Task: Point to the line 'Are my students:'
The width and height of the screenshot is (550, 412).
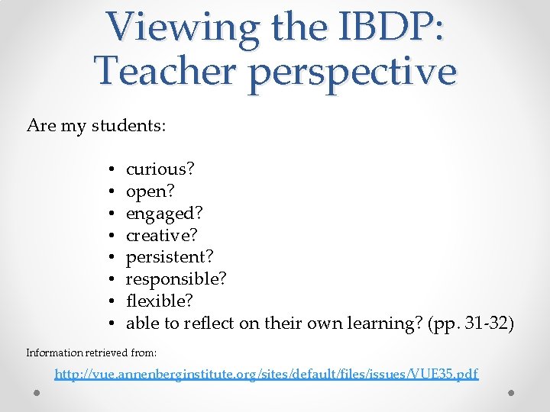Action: click(x=95, y=125)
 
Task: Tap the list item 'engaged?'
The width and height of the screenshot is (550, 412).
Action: click(x=164, y=213)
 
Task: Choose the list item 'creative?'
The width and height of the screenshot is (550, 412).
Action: click(x=163, y=234)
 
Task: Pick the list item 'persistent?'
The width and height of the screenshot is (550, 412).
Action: click(x=170, y=257)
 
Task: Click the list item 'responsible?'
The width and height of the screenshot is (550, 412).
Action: click(x=176, y=279)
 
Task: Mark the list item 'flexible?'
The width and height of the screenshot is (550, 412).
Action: click(x=160, y=301)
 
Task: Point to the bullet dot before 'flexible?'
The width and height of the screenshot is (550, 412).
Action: click(x=112, y=301)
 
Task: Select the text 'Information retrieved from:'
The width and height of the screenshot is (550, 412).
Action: click(x=91, y=352)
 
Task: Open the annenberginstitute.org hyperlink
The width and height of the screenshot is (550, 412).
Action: click(x=267, y=374)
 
